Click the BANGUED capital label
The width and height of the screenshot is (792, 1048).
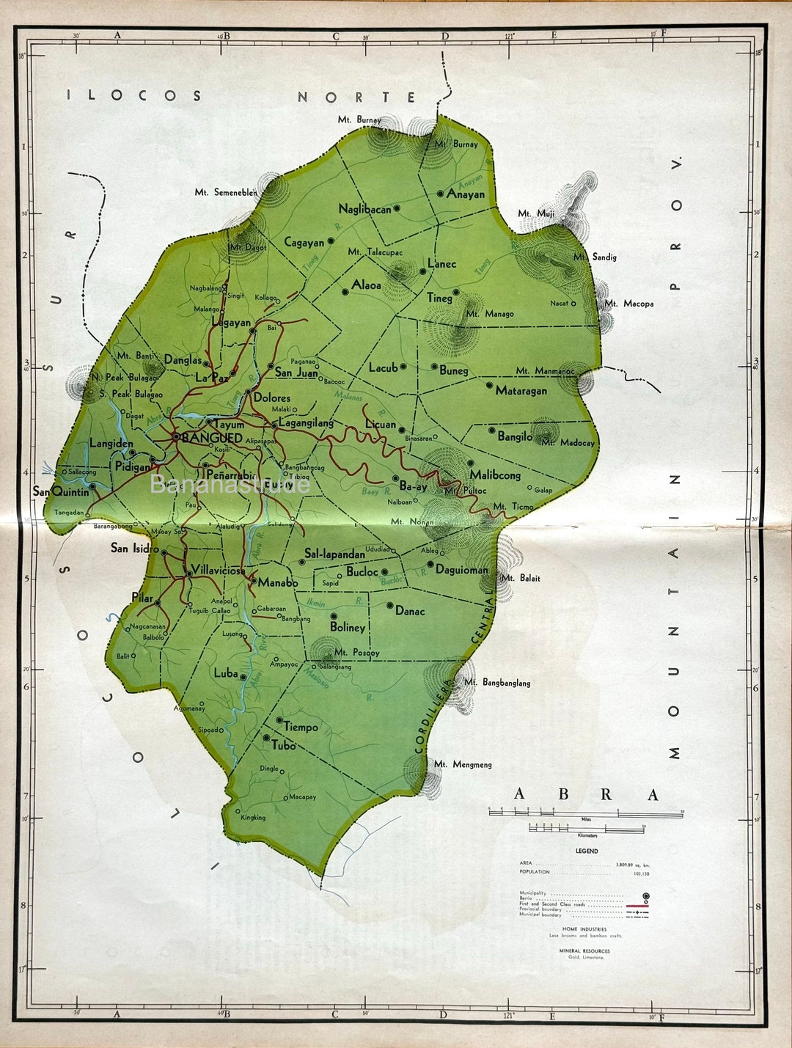coord(211,438)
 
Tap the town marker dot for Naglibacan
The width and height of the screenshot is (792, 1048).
coord(397,208)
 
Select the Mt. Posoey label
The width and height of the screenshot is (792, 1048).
coord(356,652)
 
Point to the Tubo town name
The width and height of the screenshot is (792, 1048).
coord(284,745)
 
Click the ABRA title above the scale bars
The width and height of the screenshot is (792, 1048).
coord(586,794)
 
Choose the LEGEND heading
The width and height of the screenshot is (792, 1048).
coord(587,851)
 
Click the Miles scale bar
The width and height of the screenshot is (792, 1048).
coord(586,813)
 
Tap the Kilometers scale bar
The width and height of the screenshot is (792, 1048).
coord(587,829)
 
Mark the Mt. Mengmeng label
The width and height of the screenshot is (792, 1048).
coord(463,764)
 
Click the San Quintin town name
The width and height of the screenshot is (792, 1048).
coord(61,491)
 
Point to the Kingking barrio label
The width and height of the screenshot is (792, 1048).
coord(253,817)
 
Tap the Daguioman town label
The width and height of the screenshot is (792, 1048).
coord(461,569)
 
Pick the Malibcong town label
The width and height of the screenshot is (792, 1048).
coord(495,475)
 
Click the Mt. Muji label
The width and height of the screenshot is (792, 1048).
coord(536,213)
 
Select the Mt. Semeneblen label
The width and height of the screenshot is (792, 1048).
coord(226,192)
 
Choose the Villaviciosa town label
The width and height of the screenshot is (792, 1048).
coord(218,571)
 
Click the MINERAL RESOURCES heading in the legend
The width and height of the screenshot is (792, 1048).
coord(584,950)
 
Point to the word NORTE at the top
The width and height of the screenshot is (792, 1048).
coord(357,97)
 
